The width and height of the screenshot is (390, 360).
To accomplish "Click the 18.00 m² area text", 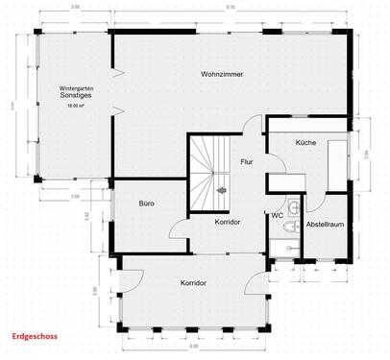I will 74,107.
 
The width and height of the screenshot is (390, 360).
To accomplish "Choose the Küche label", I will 305,141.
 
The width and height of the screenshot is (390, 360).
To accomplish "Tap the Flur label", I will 247,162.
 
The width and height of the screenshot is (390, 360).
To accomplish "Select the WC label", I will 277,215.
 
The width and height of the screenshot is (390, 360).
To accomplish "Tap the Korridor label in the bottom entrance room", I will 194,284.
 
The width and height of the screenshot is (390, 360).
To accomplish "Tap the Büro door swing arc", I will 179,228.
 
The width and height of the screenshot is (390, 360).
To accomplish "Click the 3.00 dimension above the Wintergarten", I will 75,8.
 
